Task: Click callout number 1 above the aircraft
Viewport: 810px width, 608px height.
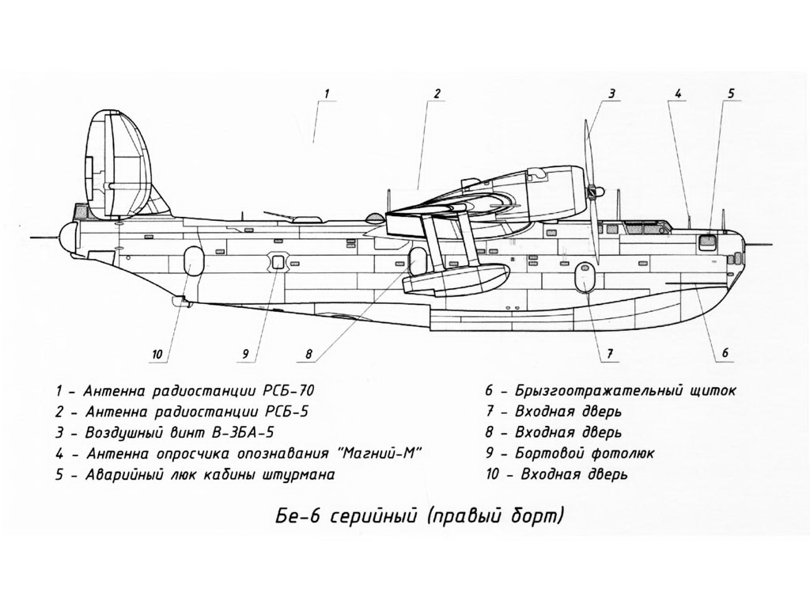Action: pyautogui.click(x=327, y=94)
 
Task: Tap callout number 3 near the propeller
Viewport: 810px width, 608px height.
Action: pyautogui.click(x=611, y=94)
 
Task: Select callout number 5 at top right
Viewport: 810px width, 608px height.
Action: pyautogui.click(x=731, y=94)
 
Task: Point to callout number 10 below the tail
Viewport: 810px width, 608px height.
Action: pyautogui.click(x=157, y=354)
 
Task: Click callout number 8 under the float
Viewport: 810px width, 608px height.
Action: pyautogui.click(x=308, y=354)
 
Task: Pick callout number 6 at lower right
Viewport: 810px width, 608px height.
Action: pyautogui.click(x=725, y=352)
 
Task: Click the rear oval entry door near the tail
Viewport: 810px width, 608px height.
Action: pyautogui.click(x=192, y=260)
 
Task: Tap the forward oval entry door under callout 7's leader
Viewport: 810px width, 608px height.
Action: pyautogui.click(x=585, y=276)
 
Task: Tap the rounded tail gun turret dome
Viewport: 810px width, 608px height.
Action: pyautogui.click(x=68, y=237)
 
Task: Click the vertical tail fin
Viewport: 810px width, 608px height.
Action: pyautogui.click(x=118, y=165)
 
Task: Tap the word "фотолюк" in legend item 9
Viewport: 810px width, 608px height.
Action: pyautogui.click(x=623, y=454)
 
